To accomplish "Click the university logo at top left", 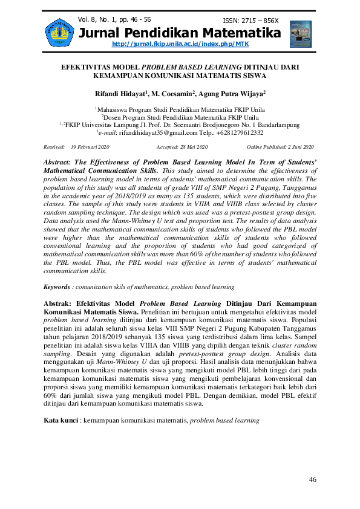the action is click(x=59, y=32).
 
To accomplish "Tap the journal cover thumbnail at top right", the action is click(x=300, y=34).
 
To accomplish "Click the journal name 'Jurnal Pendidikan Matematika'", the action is click(x=180, y=33).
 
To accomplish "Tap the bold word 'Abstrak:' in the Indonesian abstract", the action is click(x=61, y=303).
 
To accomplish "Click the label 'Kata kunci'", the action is click(x=61, y=420).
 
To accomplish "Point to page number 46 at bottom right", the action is click(x=312, y=479).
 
